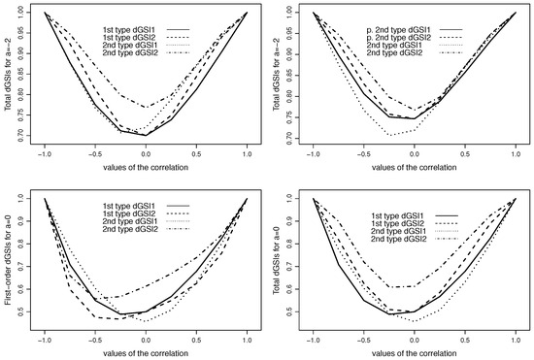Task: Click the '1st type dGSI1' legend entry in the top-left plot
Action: (114, 18)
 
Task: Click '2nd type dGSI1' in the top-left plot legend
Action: (114, 38)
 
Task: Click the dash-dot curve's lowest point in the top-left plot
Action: (146, 107)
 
